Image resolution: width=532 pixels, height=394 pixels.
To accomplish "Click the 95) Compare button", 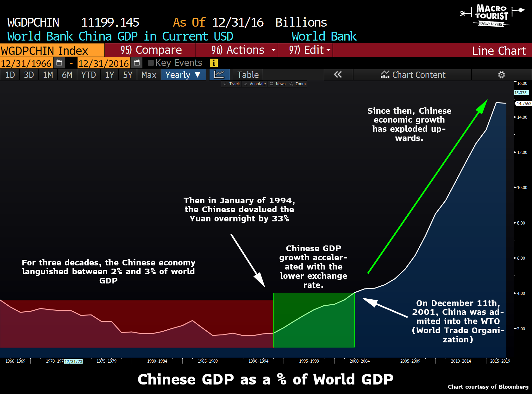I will [151, 50].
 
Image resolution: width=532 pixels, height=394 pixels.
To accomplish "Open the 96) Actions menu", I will [237, 50].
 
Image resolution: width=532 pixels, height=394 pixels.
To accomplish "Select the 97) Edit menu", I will [306, 50].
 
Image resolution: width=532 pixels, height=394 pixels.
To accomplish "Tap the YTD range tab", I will [88, 75].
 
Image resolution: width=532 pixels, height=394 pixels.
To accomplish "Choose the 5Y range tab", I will [128, 75].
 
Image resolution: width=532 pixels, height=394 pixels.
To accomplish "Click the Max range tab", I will [149, 75].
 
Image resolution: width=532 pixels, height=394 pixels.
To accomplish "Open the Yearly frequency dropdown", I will [183, 75].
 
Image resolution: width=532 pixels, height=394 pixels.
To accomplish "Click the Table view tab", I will [248, 75].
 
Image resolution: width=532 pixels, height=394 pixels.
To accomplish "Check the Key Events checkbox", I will [151, 63].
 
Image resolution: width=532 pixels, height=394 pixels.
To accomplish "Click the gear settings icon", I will [501, 75].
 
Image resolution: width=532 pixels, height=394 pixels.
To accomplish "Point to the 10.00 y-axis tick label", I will [522, 187].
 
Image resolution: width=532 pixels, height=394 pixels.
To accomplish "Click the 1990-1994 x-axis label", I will [258, 361].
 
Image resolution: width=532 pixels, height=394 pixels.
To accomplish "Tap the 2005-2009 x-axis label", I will [410, 361].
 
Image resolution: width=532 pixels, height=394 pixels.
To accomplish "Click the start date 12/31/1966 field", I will [26, 63].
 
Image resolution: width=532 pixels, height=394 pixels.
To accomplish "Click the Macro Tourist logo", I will [491, 15].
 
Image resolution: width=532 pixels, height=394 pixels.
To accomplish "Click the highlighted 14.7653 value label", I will [524, 104].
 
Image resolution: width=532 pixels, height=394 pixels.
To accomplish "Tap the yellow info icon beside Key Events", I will [214, 63].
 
